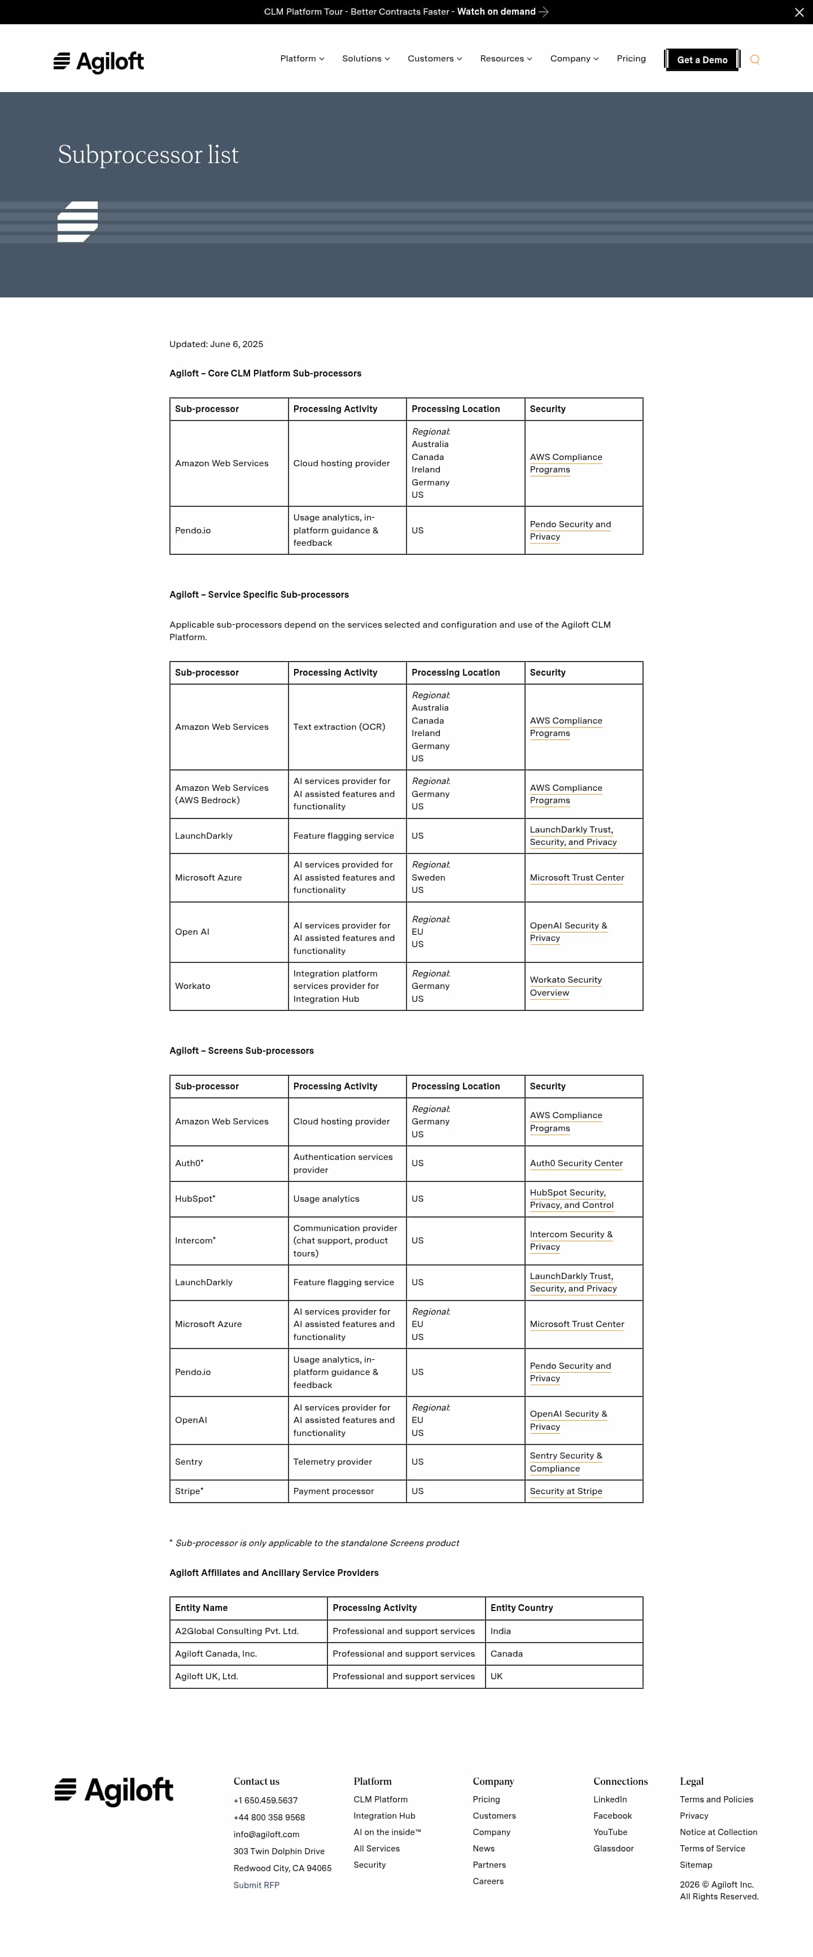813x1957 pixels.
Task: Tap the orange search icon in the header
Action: [x=754, y=60]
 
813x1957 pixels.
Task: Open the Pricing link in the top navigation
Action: [x=631, y=59]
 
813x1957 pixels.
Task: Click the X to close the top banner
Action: [x=798, y=12]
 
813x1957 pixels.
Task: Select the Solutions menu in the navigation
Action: [x=365, y=59]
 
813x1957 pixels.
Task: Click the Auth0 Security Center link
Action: [x=576, y=1163]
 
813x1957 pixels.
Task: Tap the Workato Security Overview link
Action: [x=565, y=986]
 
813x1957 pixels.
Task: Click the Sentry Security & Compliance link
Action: [x=565, y=1461]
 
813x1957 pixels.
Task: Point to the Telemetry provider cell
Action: [x=333, y=1461]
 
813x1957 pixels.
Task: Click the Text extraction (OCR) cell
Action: [x=339, y=727]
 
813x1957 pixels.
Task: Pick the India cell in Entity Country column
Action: [x=501, y=1631]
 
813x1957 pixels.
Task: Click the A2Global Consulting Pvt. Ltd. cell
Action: [x=237, y=1631]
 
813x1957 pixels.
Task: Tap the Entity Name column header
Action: [x=202, y=1608]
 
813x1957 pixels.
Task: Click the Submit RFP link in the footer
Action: [x=256, y=1885]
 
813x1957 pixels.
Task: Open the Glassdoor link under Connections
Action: [x=613, y=1849]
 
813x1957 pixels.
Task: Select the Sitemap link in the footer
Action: [x=695, y=1865]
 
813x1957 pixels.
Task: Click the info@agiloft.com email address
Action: [x=266, y=1834]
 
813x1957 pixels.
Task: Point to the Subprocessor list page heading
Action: [x=148, y=155]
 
